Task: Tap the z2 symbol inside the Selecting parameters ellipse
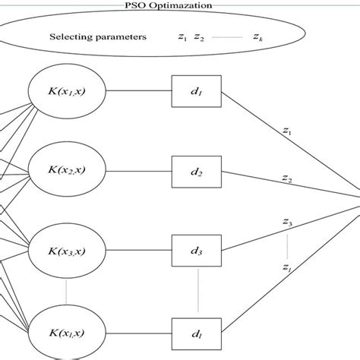tap(199, 36)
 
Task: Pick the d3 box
tap(197, 251)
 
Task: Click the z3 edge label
tap(287, 222)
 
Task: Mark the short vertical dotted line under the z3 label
tap(287, 245)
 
